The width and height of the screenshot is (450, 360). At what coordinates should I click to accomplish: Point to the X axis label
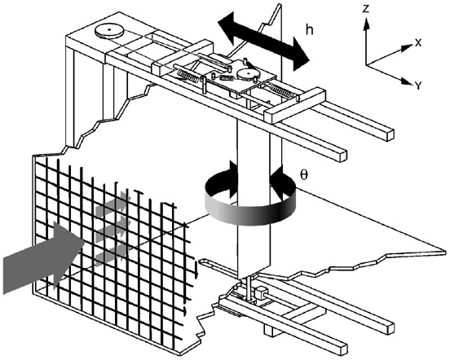[x=417, y=40]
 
